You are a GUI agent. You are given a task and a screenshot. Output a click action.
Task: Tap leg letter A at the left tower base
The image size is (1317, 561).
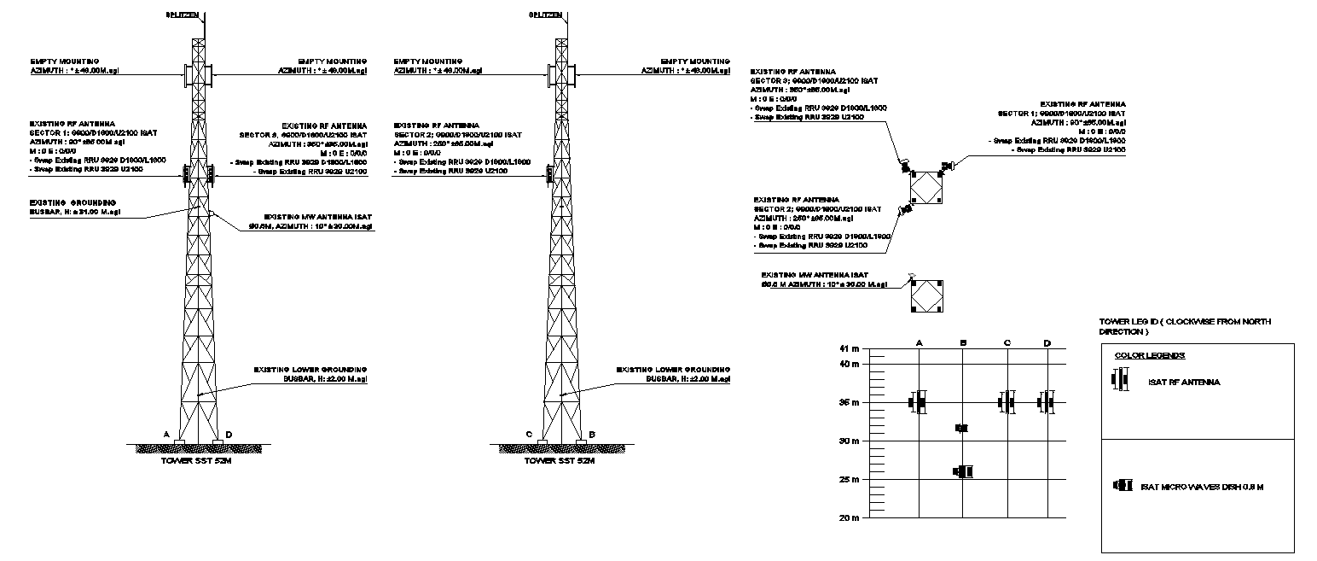pos(166,434)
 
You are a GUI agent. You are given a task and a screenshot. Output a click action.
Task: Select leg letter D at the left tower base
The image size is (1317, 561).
pos(229,434)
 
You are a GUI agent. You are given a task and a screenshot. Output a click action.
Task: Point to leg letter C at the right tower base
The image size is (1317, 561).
pos(530,434)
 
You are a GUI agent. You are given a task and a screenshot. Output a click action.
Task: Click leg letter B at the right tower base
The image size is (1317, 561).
pos(592,434)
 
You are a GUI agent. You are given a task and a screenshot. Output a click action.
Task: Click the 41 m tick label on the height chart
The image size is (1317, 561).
pos(850,349)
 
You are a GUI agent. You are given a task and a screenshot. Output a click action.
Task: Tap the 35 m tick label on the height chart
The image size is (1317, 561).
pos(850,402)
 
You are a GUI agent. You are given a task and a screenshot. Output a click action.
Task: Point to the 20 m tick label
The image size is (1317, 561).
pos(850,517)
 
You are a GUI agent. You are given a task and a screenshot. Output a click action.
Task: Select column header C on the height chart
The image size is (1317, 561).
pos(1007,343)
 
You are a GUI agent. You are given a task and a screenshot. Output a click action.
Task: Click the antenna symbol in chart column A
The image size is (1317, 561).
pos(918,402)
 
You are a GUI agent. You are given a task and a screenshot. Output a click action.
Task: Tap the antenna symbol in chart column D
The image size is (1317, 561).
pos(1047,402)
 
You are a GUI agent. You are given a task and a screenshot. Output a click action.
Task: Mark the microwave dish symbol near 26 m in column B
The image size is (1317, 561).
pos(964,471)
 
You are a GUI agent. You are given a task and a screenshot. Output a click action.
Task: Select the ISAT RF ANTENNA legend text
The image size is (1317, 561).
pos(1184,383)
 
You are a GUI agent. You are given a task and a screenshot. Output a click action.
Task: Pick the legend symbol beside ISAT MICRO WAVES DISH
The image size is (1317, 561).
pos(1122,486)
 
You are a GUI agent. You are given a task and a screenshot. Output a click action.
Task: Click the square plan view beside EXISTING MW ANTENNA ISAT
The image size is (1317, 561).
pos(925,296)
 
